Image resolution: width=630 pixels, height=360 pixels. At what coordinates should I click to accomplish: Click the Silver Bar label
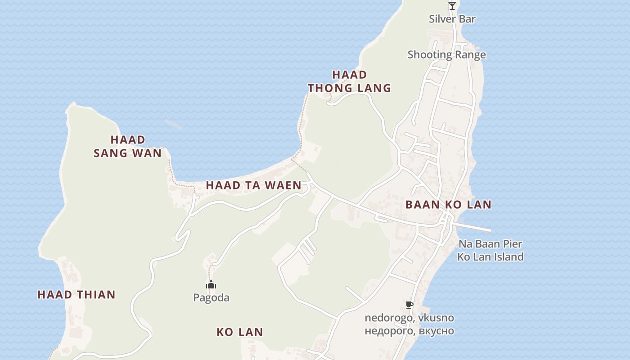click(x=452, y=19)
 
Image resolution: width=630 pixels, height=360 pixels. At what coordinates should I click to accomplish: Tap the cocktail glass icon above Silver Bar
click(x=452, y=6)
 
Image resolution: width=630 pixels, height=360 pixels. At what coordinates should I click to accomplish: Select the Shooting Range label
click(x=446, y=55)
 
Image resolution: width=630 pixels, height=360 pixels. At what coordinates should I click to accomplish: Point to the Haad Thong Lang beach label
click(x=349, y=81)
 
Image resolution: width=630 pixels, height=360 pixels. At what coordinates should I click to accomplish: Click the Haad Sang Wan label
click(x=127, y=146)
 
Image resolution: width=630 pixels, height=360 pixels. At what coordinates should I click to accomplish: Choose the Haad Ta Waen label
click(x=253, y=185)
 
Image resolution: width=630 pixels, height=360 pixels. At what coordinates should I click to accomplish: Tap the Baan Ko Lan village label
click(x=448, y=205)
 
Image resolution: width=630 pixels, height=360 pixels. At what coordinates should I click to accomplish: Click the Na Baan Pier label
click(x=490, y=244)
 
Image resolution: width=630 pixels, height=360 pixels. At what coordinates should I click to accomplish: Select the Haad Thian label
click(x=76, y=295)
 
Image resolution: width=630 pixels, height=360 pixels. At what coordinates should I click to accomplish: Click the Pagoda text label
click(x=211, y=297)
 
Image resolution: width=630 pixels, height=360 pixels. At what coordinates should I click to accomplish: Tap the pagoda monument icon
click(x=211, y=284)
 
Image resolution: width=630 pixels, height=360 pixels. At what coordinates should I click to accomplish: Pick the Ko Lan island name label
click(x=239, y=332)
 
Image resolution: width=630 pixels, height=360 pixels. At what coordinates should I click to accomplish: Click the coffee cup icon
click(x=409, y=305)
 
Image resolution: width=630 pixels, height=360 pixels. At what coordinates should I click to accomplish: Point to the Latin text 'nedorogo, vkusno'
click(x=409, y=318)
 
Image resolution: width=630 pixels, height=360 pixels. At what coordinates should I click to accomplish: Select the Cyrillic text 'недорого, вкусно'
click(x=409, y=331)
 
